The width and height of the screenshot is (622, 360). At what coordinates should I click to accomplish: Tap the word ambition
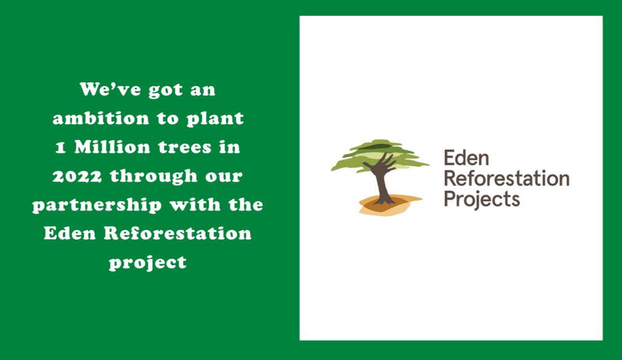tap(101, 118)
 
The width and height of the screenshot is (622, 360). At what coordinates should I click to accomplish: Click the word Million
tap(112, 147)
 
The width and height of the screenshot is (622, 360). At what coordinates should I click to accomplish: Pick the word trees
tap(185, 147)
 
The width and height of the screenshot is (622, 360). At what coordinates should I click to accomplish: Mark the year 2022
tap(77, 176)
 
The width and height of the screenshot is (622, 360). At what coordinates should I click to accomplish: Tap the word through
tap(153, 176)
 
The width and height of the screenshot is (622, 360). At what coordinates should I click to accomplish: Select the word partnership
tap(97, 205)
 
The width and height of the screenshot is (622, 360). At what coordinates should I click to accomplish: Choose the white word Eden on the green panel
tap(70, 233)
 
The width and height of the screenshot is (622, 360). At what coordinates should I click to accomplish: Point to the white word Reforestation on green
tap(178, 233)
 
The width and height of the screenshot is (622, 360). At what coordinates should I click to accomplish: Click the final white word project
tap(148, 263)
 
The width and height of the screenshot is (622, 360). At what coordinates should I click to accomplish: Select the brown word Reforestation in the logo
tap(507, 178)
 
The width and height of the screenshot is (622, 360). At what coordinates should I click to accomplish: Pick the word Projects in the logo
tap(482, 199)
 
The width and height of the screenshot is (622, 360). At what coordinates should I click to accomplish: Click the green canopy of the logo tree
tap(380, 156)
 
